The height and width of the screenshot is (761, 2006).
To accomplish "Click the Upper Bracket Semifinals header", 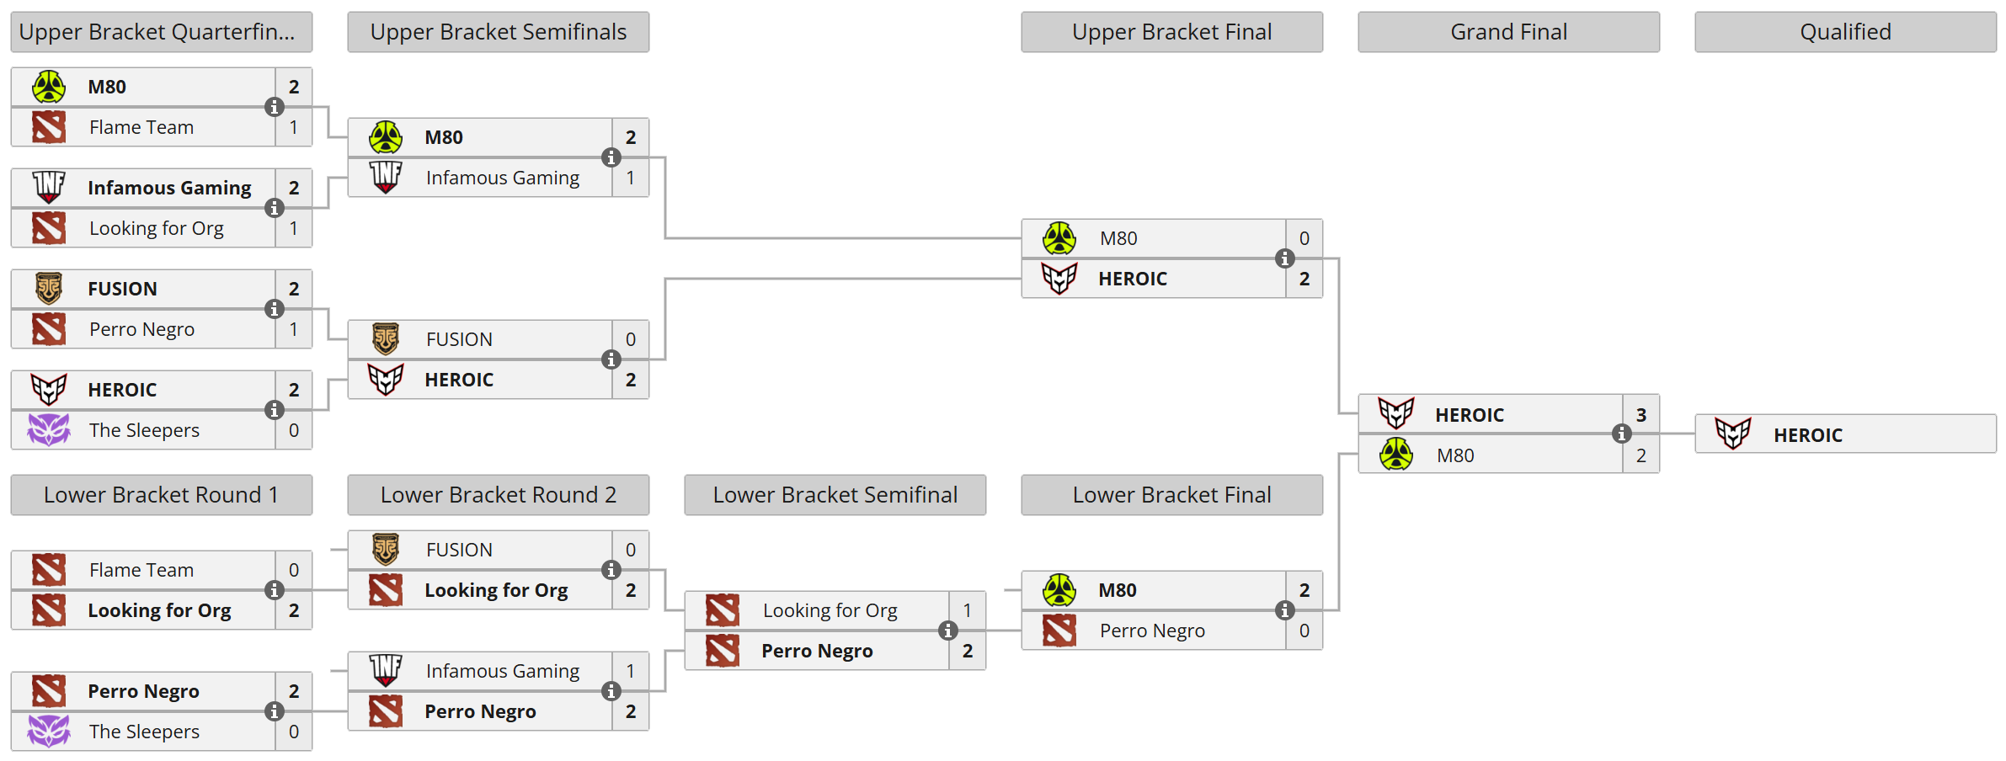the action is [x=498, y=32].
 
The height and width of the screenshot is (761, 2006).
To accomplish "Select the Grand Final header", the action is [x=1508, y=32].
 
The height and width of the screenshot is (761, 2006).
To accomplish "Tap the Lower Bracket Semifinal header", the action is [x=835, y=495].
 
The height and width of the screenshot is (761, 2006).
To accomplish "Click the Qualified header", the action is [x=1845, y=32].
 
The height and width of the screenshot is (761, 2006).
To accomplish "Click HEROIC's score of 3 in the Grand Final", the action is [x=1641, y=415].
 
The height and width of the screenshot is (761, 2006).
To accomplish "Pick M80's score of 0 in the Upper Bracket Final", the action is [x=1304, y=238].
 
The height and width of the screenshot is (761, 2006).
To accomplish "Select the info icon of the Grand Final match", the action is [x=1621, y=434].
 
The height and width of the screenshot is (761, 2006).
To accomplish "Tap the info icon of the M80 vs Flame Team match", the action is [x=274, y=107].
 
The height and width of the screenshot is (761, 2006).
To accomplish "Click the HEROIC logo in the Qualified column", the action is [x=1732, y=434].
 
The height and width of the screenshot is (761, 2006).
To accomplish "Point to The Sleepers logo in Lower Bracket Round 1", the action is [x=49, y=731].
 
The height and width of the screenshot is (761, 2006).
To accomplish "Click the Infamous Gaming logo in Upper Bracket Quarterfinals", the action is [x=49, y=187].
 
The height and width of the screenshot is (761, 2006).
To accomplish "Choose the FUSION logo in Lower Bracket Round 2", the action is [x=386, y=550].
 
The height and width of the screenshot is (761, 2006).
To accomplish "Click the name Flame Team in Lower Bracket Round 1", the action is [x=141, y=570].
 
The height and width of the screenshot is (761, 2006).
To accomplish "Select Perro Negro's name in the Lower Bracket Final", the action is [x=1152, y=631].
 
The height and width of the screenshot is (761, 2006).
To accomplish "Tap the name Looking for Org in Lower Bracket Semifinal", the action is [x=830, y=610].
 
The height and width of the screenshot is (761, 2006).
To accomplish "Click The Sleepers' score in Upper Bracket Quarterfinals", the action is [x=293, y=430].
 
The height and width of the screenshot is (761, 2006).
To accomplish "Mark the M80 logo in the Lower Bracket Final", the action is [x=1059, y=590].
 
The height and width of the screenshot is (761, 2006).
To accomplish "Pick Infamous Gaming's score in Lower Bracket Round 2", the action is [x=630, y=671].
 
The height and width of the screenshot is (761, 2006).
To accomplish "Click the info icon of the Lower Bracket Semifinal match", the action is [x=947, y=631].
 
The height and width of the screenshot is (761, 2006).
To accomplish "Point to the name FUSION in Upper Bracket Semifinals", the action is [x=459, y=339].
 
